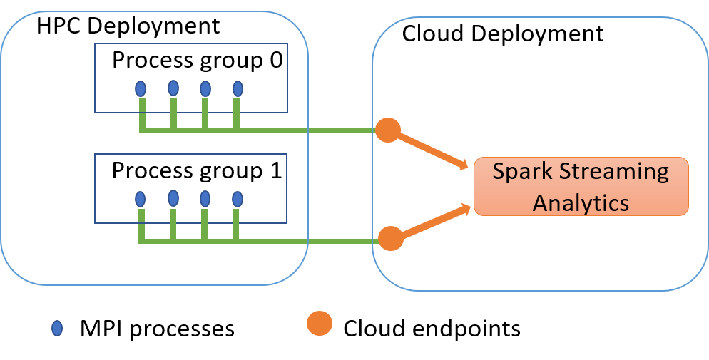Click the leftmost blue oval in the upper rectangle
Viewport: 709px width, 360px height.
coord(141,89)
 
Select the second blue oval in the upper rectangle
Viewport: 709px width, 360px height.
coord(173,88)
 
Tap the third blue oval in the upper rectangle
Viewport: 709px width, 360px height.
coord(205,89)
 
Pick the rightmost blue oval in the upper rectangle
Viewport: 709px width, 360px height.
coord(238,89)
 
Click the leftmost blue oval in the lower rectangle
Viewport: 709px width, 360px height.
coord(141,198)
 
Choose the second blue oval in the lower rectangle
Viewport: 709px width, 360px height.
coord(173,197)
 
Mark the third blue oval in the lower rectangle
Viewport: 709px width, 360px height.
coord(205,199)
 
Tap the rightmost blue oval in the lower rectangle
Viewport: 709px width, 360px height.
coord(237,199)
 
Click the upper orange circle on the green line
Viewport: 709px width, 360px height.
coord(388,130)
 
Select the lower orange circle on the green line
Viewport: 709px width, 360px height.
coord(390,238)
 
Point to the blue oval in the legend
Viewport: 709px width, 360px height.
coord(57,328)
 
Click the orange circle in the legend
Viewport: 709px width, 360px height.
coord(320,323)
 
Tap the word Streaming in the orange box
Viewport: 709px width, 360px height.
coord(615,173)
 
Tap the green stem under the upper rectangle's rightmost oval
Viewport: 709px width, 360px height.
coord(237,114)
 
